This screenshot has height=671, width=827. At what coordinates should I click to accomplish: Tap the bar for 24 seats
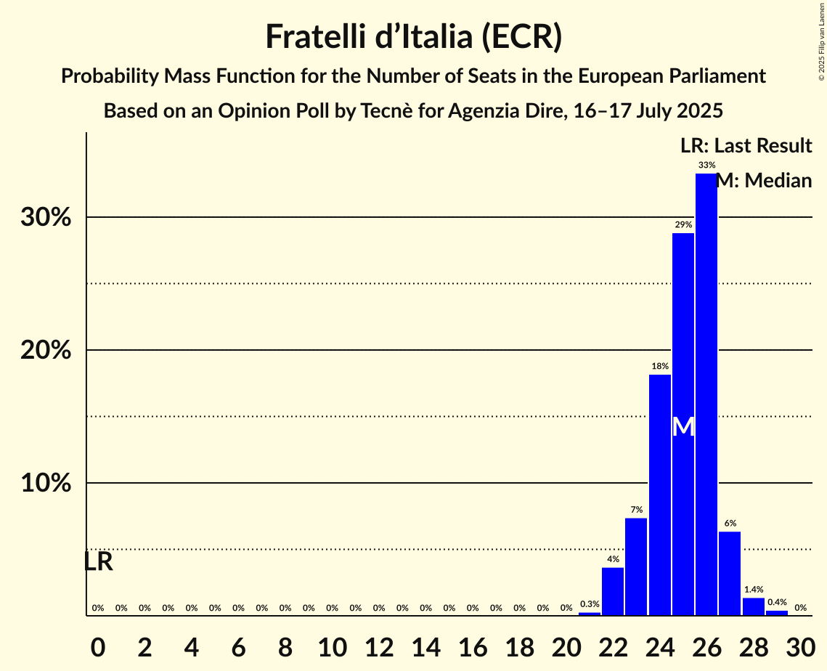click(x=659, y=495)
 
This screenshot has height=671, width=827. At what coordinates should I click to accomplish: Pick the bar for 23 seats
click(x=636, y=566)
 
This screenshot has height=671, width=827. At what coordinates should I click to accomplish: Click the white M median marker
click(x=683, y=427)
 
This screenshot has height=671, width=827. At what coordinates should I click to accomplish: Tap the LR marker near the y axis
click(x=98, y=561)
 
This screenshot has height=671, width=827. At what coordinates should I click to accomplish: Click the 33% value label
click(x=706, y=166)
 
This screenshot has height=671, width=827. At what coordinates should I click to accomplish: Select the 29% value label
click(x=683, y=225)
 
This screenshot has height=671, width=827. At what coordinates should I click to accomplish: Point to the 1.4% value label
click(x=753, y=590)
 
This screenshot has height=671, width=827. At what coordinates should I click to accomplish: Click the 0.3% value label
click(x=590, y=604)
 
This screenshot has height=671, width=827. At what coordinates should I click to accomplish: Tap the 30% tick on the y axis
click(x=46, y=218)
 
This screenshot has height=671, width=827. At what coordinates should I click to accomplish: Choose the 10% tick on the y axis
click(x=46, y=484)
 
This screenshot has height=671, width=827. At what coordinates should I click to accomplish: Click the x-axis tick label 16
click(x=472, y=643)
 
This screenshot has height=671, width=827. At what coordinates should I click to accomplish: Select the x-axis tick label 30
click(x=800, y=643)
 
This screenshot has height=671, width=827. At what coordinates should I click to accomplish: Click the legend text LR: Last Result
click(x=746, y=146)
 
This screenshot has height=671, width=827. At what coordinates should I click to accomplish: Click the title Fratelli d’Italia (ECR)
click(x=413, y=37)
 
